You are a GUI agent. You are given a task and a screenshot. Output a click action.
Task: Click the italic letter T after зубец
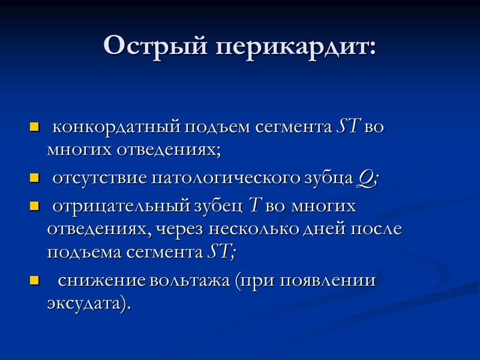pyautogui.click(x=254, y=206)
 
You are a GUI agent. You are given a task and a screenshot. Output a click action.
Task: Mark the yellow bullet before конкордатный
pyautogui.click(x=34, y=128)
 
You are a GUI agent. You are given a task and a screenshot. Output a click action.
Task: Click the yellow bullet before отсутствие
pyautogui.click(x=34, y=179)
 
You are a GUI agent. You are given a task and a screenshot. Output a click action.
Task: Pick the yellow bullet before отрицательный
pyautogui.click(x=34, y=207)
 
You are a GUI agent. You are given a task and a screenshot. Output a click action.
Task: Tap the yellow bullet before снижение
pyautogui.click(x=34, y=281)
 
